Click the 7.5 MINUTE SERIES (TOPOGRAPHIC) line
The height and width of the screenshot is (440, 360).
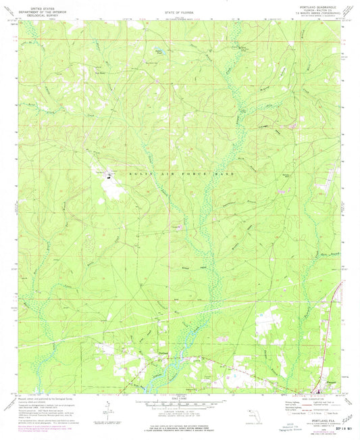coord(313,16)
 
